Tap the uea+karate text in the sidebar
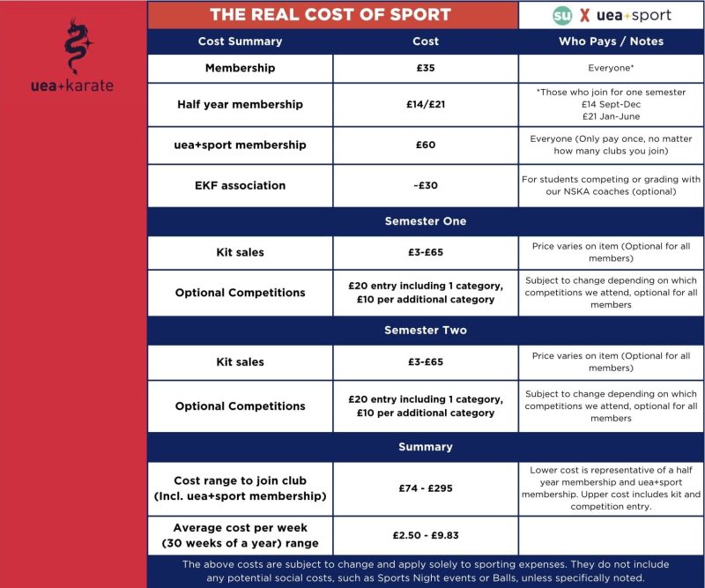pyautogui.click(x=71, y=86)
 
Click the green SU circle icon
pyautogui.click(x=562, y=15)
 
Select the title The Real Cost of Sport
pyautogui.click(x=330, y=15)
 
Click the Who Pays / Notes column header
pyautogui.click(x=611, y=41)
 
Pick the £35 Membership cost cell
pyautogui.click(x=426, y=68)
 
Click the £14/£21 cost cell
pyautogui.click(x=426, y=104)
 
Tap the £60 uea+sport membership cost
pyautogui.click(x=426, y=145)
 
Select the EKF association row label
pyautogui.click(x=240, y=185)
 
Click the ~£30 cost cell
pyautogui.click(x=426, y=185)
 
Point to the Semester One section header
pyautogui.click(x=426, y=221)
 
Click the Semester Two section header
pyautogui.click(x=426, y=331)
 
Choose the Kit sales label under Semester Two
pyautogui.click(x=240, y=361)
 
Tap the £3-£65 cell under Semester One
pyautogui.click(x=426, y=252)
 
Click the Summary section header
pyautogui.click(x=426, y=447)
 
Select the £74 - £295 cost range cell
pyautogui.click(x=426, y=488)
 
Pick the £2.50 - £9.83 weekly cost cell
pyautogui.click(x=426, y=535)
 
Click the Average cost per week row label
pyautogui.click(x=240, y=535)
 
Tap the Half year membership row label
pyautogui.click(x=240, y=104)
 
